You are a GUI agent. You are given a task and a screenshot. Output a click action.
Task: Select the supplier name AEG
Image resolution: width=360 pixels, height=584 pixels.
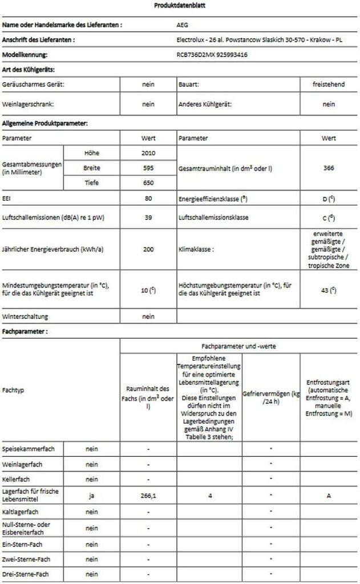183,25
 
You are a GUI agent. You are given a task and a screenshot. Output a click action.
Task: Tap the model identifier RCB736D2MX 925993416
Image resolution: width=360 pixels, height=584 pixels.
212,55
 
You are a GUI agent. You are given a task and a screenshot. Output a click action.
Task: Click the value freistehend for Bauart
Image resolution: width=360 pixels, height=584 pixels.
328,84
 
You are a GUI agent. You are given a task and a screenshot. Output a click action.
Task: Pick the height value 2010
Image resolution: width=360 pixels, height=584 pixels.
148,153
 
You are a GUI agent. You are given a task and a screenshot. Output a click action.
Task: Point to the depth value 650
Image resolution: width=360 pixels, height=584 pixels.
148,182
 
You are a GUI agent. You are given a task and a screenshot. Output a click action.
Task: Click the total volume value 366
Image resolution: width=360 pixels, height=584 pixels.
328,168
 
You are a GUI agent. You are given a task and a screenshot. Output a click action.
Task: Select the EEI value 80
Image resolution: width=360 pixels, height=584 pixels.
148,198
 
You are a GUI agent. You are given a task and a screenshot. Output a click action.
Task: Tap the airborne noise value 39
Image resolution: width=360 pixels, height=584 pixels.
148,217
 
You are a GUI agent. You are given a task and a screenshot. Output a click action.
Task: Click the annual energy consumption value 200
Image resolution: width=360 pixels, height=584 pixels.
148,250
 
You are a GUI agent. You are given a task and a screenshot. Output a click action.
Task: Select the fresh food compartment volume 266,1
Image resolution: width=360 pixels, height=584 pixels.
148,496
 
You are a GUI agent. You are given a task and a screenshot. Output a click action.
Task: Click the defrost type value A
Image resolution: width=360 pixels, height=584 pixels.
329,496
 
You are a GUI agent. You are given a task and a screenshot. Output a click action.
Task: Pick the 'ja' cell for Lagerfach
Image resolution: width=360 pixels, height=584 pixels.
91,496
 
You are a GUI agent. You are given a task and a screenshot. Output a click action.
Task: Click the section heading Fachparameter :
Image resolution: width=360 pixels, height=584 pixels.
25,331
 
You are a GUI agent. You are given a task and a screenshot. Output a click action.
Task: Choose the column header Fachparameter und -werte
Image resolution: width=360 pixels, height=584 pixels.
239,346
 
